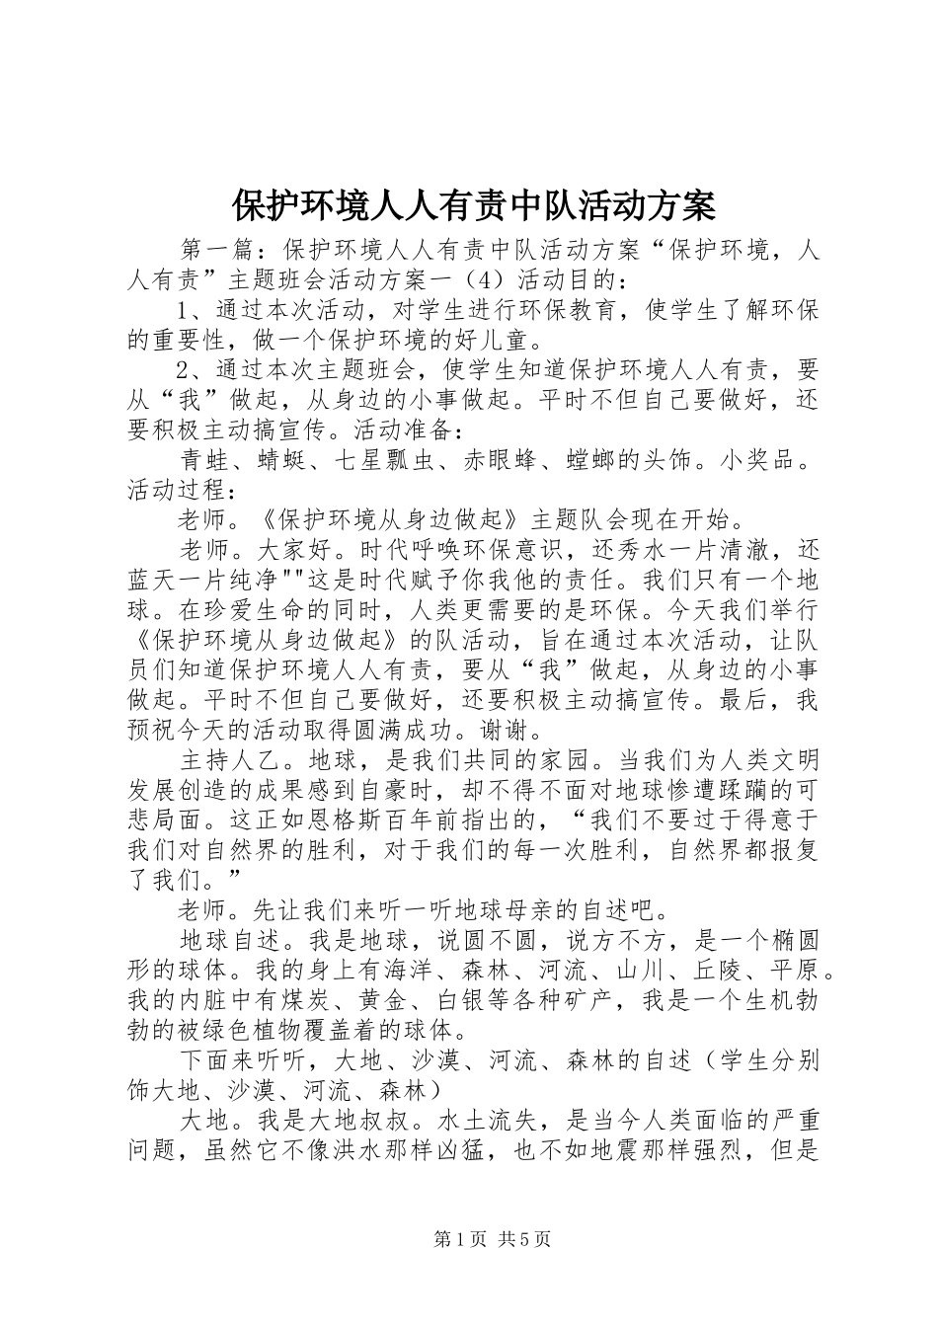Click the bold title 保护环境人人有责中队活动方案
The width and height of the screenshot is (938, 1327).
tap(473, 205)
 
